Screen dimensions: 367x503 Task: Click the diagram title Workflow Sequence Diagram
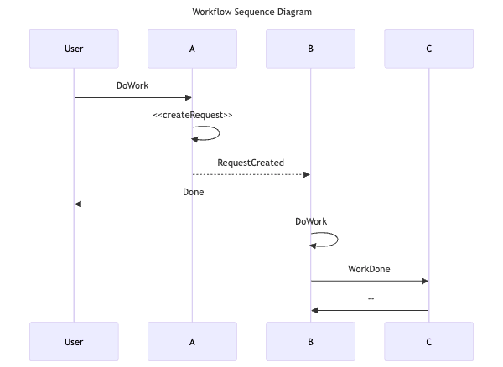coord(251,13)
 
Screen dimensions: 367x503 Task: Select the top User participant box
coord(74,49)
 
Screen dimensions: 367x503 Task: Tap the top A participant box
coord(192,49)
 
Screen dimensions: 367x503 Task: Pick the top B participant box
coord(310,49)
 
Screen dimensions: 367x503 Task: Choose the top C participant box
coord(428,49)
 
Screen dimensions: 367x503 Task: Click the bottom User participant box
coord(74,341)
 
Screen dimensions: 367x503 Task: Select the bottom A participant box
coord(192,341)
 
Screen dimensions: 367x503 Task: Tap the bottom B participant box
coord(310,341)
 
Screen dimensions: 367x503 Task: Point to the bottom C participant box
coord(428,341)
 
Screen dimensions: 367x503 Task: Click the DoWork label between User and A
coord(132,85)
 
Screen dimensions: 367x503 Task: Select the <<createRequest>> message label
coord(193,115)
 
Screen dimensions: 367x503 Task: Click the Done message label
coord(193,192)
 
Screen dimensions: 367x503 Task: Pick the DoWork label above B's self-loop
coord(311,221)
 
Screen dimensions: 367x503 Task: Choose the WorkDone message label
coord(369,269)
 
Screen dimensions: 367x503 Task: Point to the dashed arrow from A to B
coord(251,174)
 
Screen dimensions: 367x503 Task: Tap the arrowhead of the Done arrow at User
coord(78,204)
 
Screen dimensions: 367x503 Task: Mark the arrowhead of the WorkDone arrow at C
coord(424,281)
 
